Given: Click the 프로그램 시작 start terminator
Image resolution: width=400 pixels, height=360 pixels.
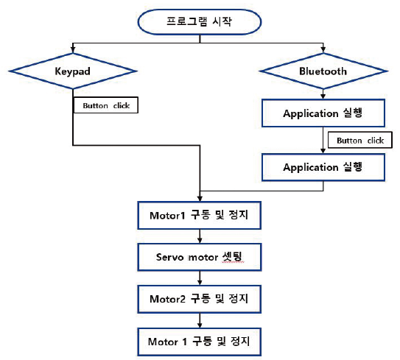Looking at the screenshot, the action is click(200, 22).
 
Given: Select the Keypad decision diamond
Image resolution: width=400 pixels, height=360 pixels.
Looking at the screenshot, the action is click(73, 71).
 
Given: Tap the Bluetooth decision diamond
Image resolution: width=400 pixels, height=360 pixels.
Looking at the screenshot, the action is click(323, 71).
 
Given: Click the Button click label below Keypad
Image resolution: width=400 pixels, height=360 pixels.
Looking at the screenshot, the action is click(106, 105).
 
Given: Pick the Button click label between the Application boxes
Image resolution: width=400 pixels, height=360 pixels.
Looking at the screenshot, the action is click(360, 140).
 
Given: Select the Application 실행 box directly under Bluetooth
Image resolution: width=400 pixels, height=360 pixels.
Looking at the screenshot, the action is click(323, 113).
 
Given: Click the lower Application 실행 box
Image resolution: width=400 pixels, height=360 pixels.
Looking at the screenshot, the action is click(323, 167).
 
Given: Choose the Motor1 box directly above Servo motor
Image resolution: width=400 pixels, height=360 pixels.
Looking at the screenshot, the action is click(200, 216).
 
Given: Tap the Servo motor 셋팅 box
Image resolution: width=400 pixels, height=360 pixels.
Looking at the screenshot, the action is click(200, 257).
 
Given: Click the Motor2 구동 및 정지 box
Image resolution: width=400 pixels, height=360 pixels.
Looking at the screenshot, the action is click(200, 299).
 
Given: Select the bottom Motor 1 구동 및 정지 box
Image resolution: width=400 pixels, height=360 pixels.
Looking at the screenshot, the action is click(200, 342).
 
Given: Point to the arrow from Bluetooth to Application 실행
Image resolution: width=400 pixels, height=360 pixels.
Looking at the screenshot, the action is click(323, 94).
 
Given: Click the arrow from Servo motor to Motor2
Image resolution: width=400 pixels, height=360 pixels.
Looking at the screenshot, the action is click(200, 278).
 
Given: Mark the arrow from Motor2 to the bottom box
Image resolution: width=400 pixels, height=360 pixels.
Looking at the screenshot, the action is click(200, 320).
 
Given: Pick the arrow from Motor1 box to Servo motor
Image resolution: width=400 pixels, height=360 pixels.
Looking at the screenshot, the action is click(200, 236).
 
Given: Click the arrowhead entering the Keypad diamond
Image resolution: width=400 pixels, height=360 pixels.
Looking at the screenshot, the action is click(73, 50).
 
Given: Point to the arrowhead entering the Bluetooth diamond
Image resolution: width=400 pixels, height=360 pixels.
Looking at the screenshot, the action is click(323, 50).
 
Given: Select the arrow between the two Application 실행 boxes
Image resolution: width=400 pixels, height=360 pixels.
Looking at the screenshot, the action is click(323, 140).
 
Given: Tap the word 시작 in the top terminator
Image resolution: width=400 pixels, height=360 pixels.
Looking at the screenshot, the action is click(222, 21).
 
